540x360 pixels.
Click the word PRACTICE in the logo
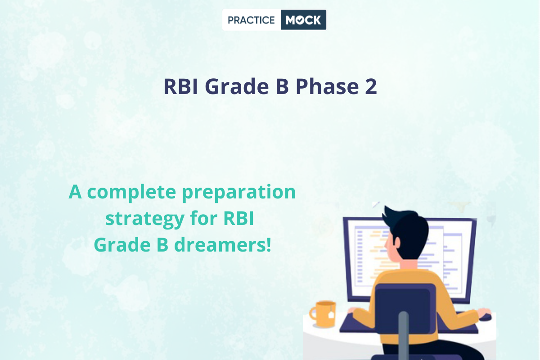pyautogui.click(x=251, y=20)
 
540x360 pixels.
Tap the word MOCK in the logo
pyautogui.click(x=303, y=20)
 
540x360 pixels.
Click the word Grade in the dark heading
pyautogui.click(x=237, y=86)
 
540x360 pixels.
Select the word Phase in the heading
pyautogui.click(x=327, y=86)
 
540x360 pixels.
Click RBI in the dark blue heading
pyautogui.click(x=180, y=86)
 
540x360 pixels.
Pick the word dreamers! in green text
pyautogui.click(x=222, y=244)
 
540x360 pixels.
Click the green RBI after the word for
pyautogui.click(x=238, y=218)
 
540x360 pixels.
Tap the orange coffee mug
pyautogui.click(x=323, y=314)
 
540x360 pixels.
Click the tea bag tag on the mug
pyautogui.click(x=331, y=315)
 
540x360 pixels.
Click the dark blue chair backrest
pyautogui.click(x=405, y=309)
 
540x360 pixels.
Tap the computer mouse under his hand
pyautogui.click(x=485, y=317)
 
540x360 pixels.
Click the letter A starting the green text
pyautogui.click(x=75, y=192)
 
